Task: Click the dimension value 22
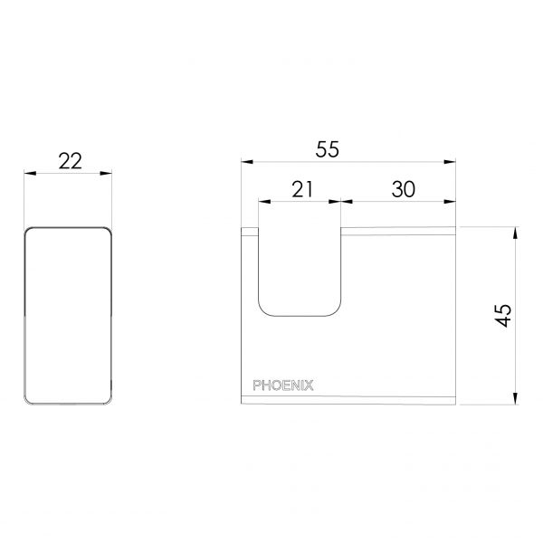pyautogui.click(x=69, y=160)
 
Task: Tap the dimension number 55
pyautogui.click(x=328, y=150)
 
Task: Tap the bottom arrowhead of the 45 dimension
pyautogui.click(x=517, y=397)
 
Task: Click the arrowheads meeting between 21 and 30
pyautogui.click(x=342, y=201)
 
